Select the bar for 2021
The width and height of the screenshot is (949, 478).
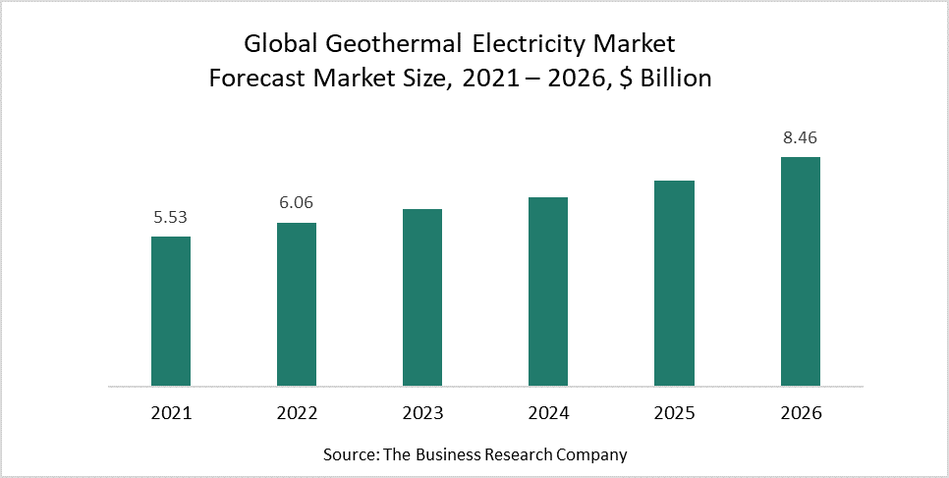click(x=170, y=310)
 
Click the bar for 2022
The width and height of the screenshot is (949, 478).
click(x=297, y=303)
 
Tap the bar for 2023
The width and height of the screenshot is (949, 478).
click(x=422, y=296)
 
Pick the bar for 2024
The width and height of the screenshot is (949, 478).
click(x=548, y=291)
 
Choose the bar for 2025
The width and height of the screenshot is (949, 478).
click(x=675, y=283)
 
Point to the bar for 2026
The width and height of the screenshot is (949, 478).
click(x=801, y=271)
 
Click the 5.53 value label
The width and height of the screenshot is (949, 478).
click(x=170, y=217)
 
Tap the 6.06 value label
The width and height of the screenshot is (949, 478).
click(x=297, y=203)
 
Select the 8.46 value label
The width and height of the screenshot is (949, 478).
click(x=801, y=137)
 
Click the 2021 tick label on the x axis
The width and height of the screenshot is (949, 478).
click(x=170, y=413)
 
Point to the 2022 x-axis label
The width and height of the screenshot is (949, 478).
click(x=297, y=413)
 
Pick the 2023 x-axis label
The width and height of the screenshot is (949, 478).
click(x=422, y=413)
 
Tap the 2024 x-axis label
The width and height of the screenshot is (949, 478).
click(x=548, y=413)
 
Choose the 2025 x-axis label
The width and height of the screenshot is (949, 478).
click(x=675, y=413)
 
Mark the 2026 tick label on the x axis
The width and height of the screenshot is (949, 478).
click(x=801, y=413)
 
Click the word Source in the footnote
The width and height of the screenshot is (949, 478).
click(x=348, y=454)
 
